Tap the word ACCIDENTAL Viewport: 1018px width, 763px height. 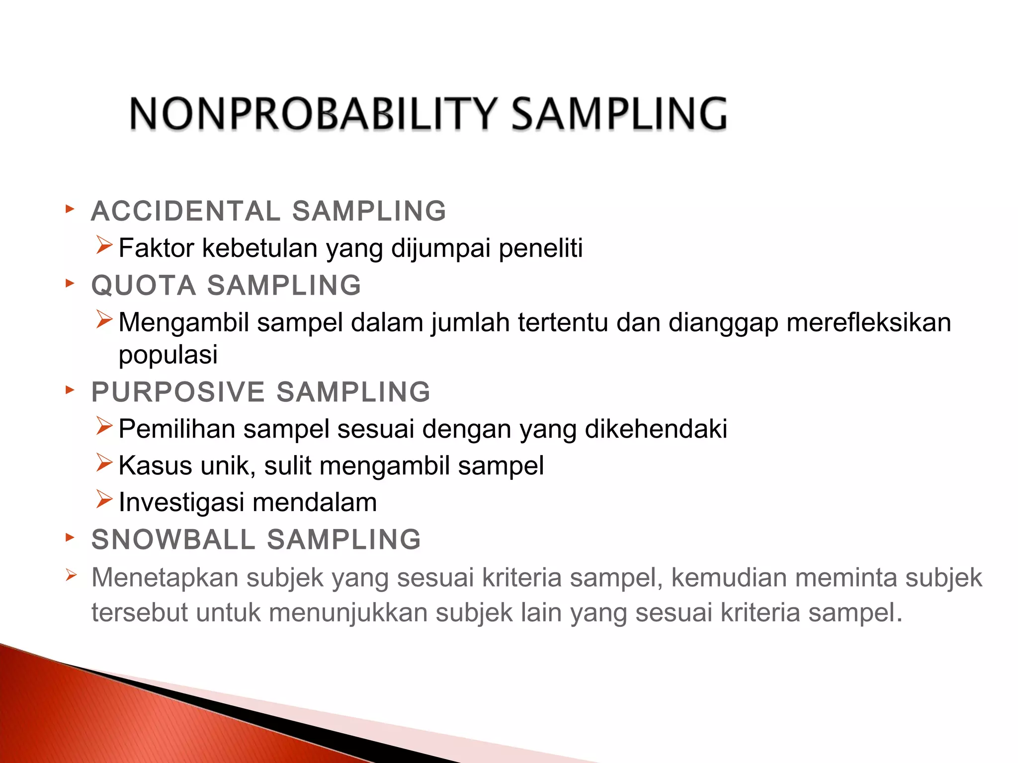coord(186,211)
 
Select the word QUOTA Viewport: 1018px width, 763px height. coord(144,286)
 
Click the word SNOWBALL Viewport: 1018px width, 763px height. coord(173,539)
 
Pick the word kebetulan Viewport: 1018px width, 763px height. coord(260,248)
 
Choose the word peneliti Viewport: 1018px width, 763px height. coord(540,248)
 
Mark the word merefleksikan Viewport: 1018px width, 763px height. coord(869,322)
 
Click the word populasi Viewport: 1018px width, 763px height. coord(168,355)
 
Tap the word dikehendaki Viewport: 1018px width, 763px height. coord(656,429)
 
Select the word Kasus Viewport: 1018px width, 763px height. coord(156,466)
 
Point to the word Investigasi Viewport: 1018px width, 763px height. coord(181,502)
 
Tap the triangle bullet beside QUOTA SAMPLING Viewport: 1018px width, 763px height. coord(70,284)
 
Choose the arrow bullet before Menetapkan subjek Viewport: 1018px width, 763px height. coord(71,576)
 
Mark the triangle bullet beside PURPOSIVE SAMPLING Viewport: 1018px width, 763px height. coord(70,390)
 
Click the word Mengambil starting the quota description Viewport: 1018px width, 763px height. coord(183,322)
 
